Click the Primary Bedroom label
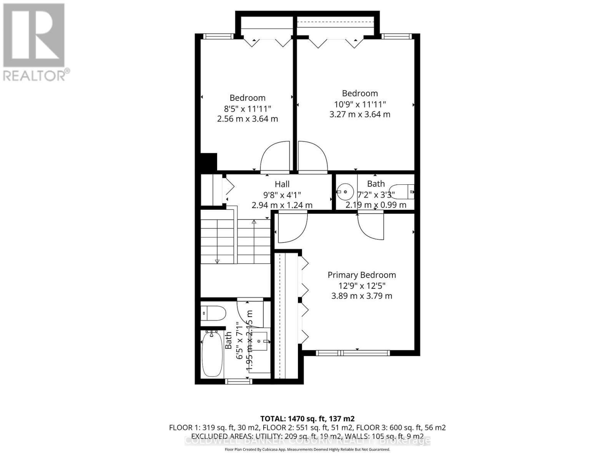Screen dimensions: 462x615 361,275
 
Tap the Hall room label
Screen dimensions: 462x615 282,184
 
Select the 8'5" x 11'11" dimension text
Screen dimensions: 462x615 248,109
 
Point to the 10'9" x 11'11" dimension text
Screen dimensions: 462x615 360,104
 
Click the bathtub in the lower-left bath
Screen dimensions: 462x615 212,355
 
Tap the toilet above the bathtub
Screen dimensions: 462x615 213,313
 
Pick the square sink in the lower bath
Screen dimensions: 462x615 262,341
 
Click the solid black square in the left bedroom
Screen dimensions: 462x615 209,162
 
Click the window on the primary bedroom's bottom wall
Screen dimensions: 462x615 352,353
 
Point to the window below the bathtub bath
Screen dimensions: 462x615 238,381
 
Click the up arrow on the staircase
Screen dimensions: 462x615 254,222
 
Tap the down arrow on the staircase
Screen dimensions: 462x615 217,261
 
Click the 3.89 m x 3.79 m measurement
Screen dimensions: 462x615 361,296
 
